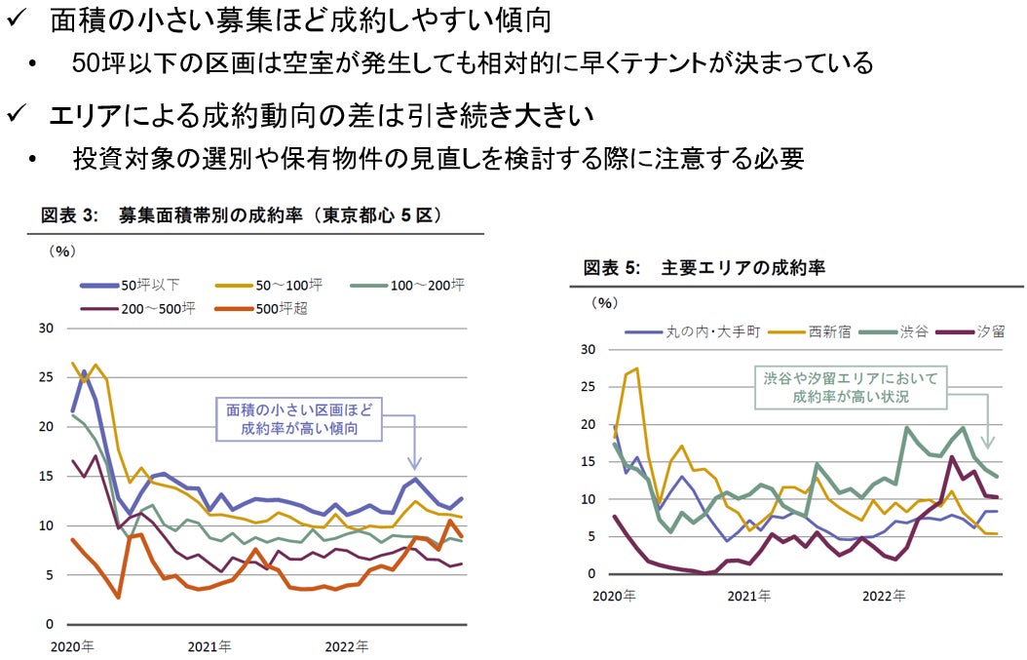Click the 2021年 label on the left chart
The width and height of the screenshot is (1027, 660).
click(x=209, y=645)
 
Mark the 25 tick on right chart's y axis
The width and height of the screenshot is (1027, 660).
click(x=587, y=386)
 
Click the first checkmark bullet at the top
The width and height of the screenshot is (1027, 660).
click(x=17, y=19)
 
